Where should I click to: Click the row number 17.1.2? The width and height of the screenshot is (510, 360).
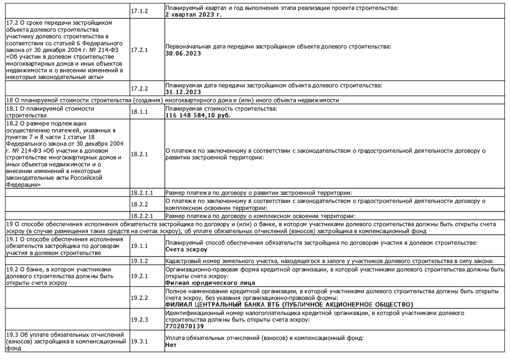point(139,11)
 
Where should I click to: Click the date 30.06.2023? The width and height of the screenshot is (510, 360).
point(183,53)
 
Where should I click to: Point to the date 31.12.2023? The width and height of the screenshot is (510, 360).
point(183,92)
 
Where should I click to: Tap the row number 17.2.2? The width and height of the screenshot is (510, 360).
point(139,89)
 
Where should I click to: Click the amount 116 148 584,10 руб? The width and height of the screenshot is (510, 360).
point(198,115)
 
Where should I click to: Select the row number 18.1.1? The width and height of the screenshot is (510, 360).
point(139,112)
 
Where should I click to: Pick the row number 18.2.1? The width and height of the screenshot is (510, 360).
point(139,154)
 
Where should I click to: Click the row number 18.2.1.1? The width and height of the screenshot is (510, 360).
point(142,193)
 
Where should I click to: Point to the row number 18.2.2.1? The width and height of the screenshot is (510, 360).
point(142,216)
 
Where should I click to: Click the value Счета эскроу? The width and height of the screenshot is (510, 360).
point(186,249)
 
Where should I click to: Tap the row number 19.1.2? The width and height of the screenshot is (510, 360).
point(139,261)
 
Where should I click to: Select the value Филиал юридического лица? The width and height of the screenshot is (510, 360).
point(210,283)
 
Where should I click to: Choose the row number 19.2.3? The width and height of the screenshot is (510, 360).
point(139,319)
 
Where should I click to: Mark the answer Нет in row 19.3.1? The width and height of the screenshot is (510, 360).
point(171,345)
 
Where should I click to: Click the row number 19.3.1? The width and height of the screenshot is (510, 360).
point(139,341)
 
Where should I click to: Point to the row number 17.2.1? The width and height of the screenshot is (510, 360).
point(139,50)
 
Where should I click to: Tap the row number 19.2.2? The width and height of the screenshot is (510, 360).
point(139,298)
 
